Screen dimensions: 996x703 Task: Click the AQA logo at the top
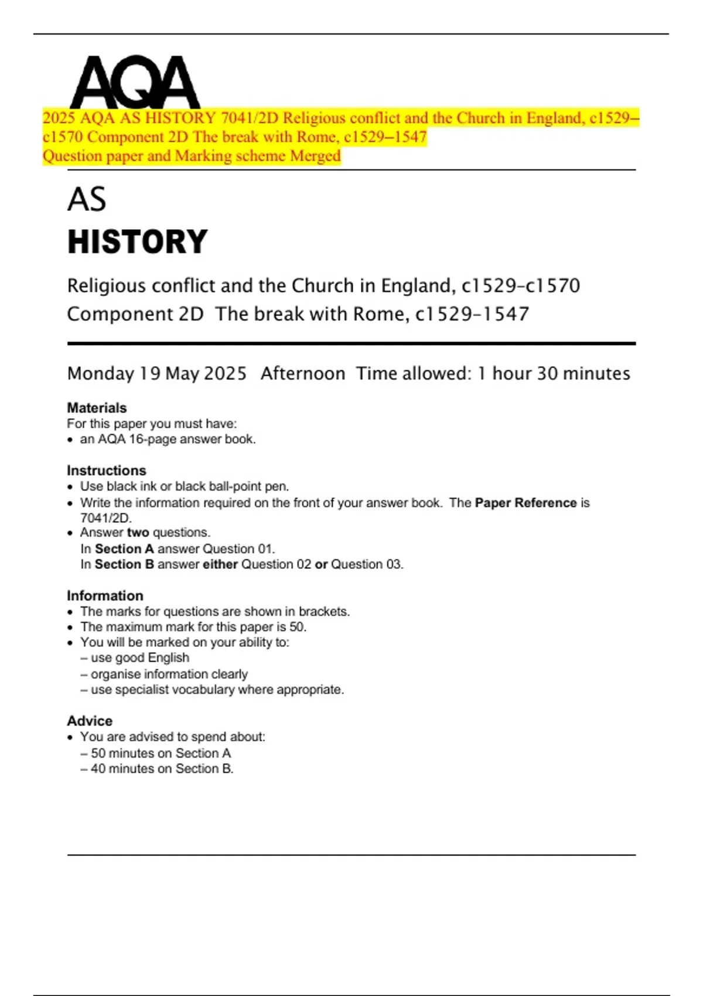click(135, 82)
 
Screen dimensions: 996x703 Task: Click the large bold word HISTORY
click(138, 242)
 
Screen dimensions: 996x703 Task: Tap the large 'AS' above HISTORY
click(87, 199)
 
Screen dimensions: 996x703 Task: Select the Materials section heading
click(97, 408)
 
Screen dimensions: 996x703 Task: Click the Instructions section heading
click(107, 470)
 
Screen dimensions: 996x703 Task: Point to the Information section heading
click(105, 596)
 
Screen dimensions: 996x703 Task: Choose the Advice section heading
click(90, 721)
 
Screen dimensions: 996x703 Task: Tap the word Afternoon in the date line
click(303, 374)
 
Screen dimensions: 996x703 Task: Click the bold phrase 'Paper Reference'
click(525, 503)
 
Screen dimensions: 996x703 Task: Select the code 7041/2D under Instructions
click(105, 518)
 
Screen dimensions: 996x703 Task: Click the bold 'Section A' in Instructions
click(124, 549)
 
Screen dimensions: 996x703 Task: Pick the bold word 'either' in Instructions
click(220, 564)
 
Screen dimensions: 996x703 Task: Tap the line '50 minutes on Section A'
click(161, 753)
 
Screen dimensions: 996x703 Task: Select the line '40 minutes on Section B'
click(162, 769)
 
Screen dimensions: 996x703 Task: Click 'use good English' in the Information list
click(139, 658)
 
